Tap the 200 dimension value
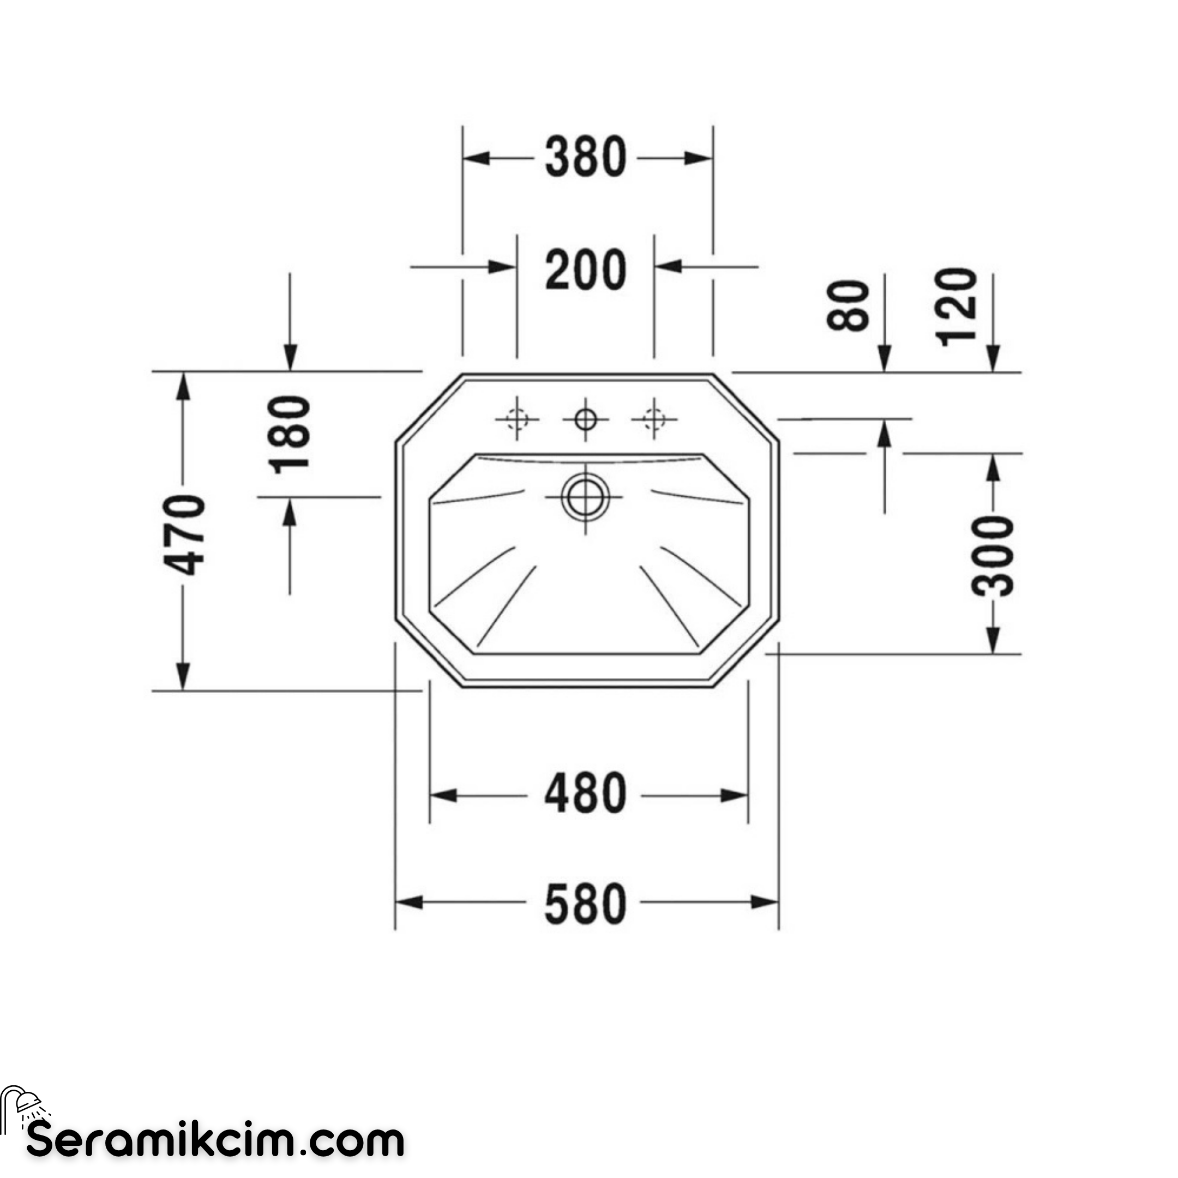585,269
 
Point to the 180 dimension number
290,435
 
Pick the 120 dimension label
955,306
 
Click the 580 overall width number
585,904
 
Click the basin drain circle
585,497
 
